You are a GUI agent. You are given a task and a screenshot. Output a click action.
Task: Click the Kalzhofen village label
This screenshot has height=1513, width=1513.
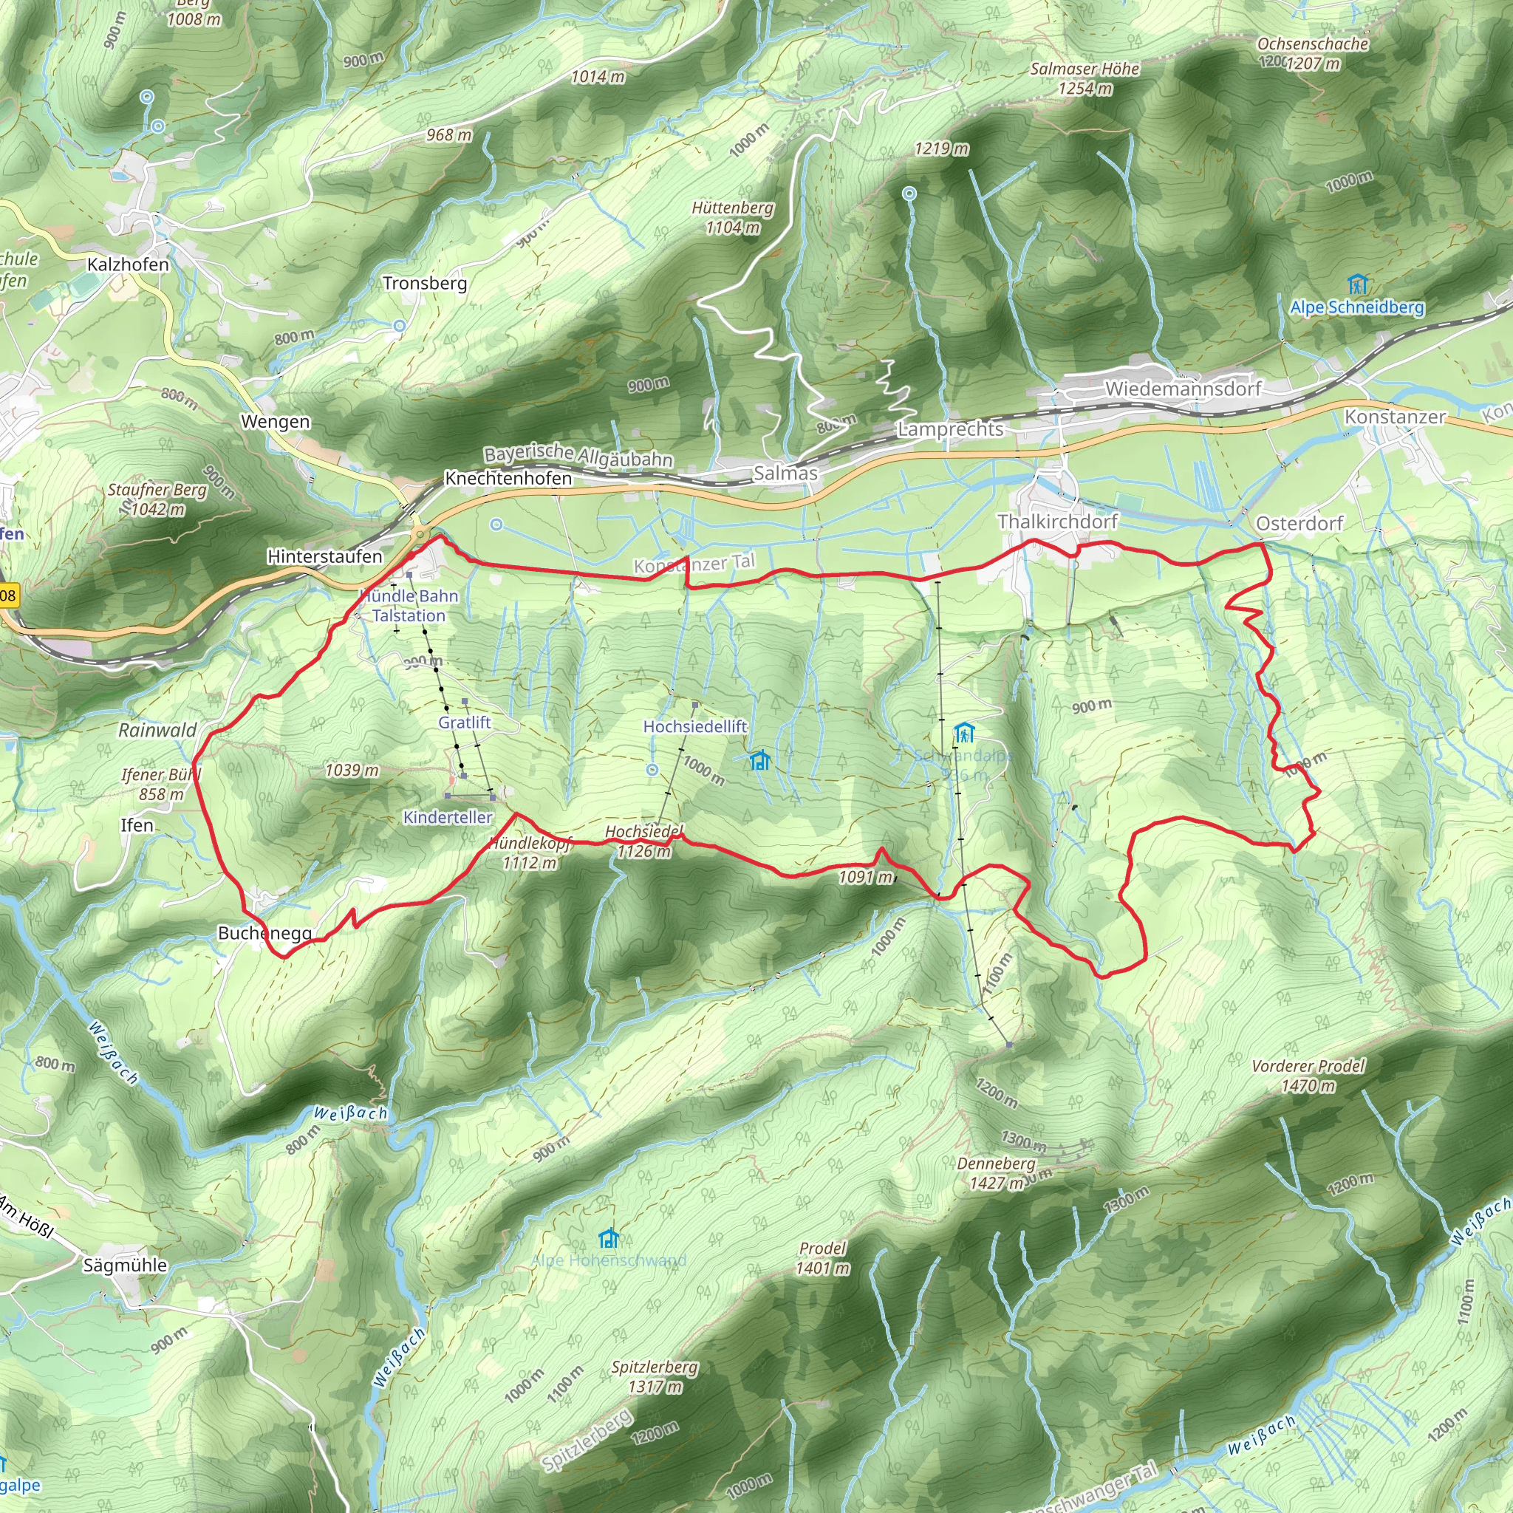(128, 264)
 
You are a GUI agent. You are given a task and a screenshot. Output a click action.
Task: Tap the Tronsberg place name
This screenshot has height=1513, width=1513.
(425, 283)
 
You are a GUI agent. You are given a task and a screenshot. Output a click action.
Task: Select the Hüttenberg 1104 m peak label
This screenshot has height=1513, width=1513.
(732, 218)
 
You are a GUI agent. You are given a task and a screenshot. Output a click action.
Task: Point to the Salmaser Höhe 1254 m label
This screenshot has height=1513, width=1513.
(1085, 78)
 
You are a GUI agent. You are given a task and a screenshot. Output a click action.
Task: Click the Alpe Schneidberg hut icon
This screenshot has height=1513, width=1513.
(1357, 284)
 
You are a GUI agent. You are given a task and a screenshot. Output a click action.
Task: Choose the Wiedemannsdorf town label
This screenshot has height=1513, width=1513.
(1183, 389)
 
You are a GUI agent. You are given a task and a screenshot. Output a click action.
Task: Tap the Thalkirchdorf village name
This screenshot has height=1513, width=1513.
(1057, 522)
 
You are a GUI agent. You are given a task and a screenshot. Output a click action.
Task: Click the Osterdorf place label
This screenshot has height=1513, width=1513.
(1299, 523)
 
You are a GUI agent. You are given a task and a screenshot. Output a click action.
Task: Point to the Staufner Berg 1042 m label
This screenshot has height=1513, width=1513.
(157, 499)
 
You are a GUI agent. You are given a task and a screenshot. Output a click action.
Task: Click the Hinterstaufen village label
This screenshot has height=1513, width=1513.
(324, 557)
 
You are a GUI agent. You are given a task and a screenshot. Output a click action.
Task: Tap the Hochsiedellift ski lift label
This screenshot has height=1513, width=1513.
(694, 727)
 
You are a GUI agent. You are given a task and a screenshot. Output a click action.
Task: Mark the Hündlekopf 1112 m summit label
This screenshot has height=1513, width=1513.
(530, 853)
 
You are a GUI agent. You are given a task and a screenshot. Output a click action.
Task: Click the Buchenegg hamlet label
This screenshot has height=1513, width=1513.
(264, 934)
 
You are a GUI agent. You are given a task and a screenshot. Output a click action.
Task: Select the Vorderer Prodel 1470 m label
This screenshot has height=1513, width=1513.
(1308, 1075)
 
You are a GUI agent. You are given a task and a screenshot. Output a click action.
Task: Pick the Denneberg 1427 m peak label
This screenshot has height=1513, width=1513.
(996, 1173)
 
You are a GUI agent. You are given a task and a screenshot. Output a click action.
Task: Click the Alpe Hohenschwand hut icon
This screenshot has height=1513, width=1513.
(609, 1238)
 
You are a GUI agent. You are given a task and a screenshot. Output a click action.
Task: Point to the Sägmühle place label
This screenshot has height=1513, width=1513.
(126, 1265)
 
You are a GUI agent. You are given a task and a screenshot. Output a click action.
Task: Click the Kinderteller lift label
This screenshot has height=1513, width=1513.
(447, 818)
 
